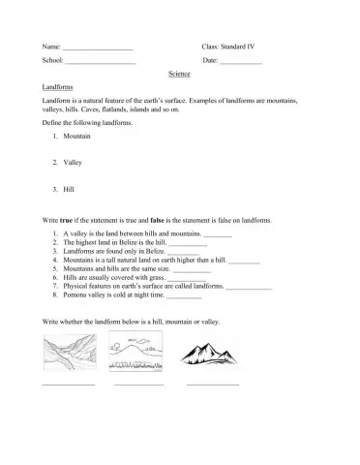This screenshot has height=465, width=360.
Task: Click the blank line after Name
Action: tap(97, 47)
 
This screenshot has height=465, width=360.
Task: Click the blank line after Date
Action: tap(241, 62)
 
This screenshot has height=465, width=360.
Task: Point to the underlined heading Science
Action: tap(179, 74)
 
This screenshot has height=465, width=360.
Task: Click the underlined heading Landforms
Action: tap(59, 87)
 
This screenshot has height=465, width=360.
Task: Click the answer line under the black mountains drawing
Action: tap(212, 385)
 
